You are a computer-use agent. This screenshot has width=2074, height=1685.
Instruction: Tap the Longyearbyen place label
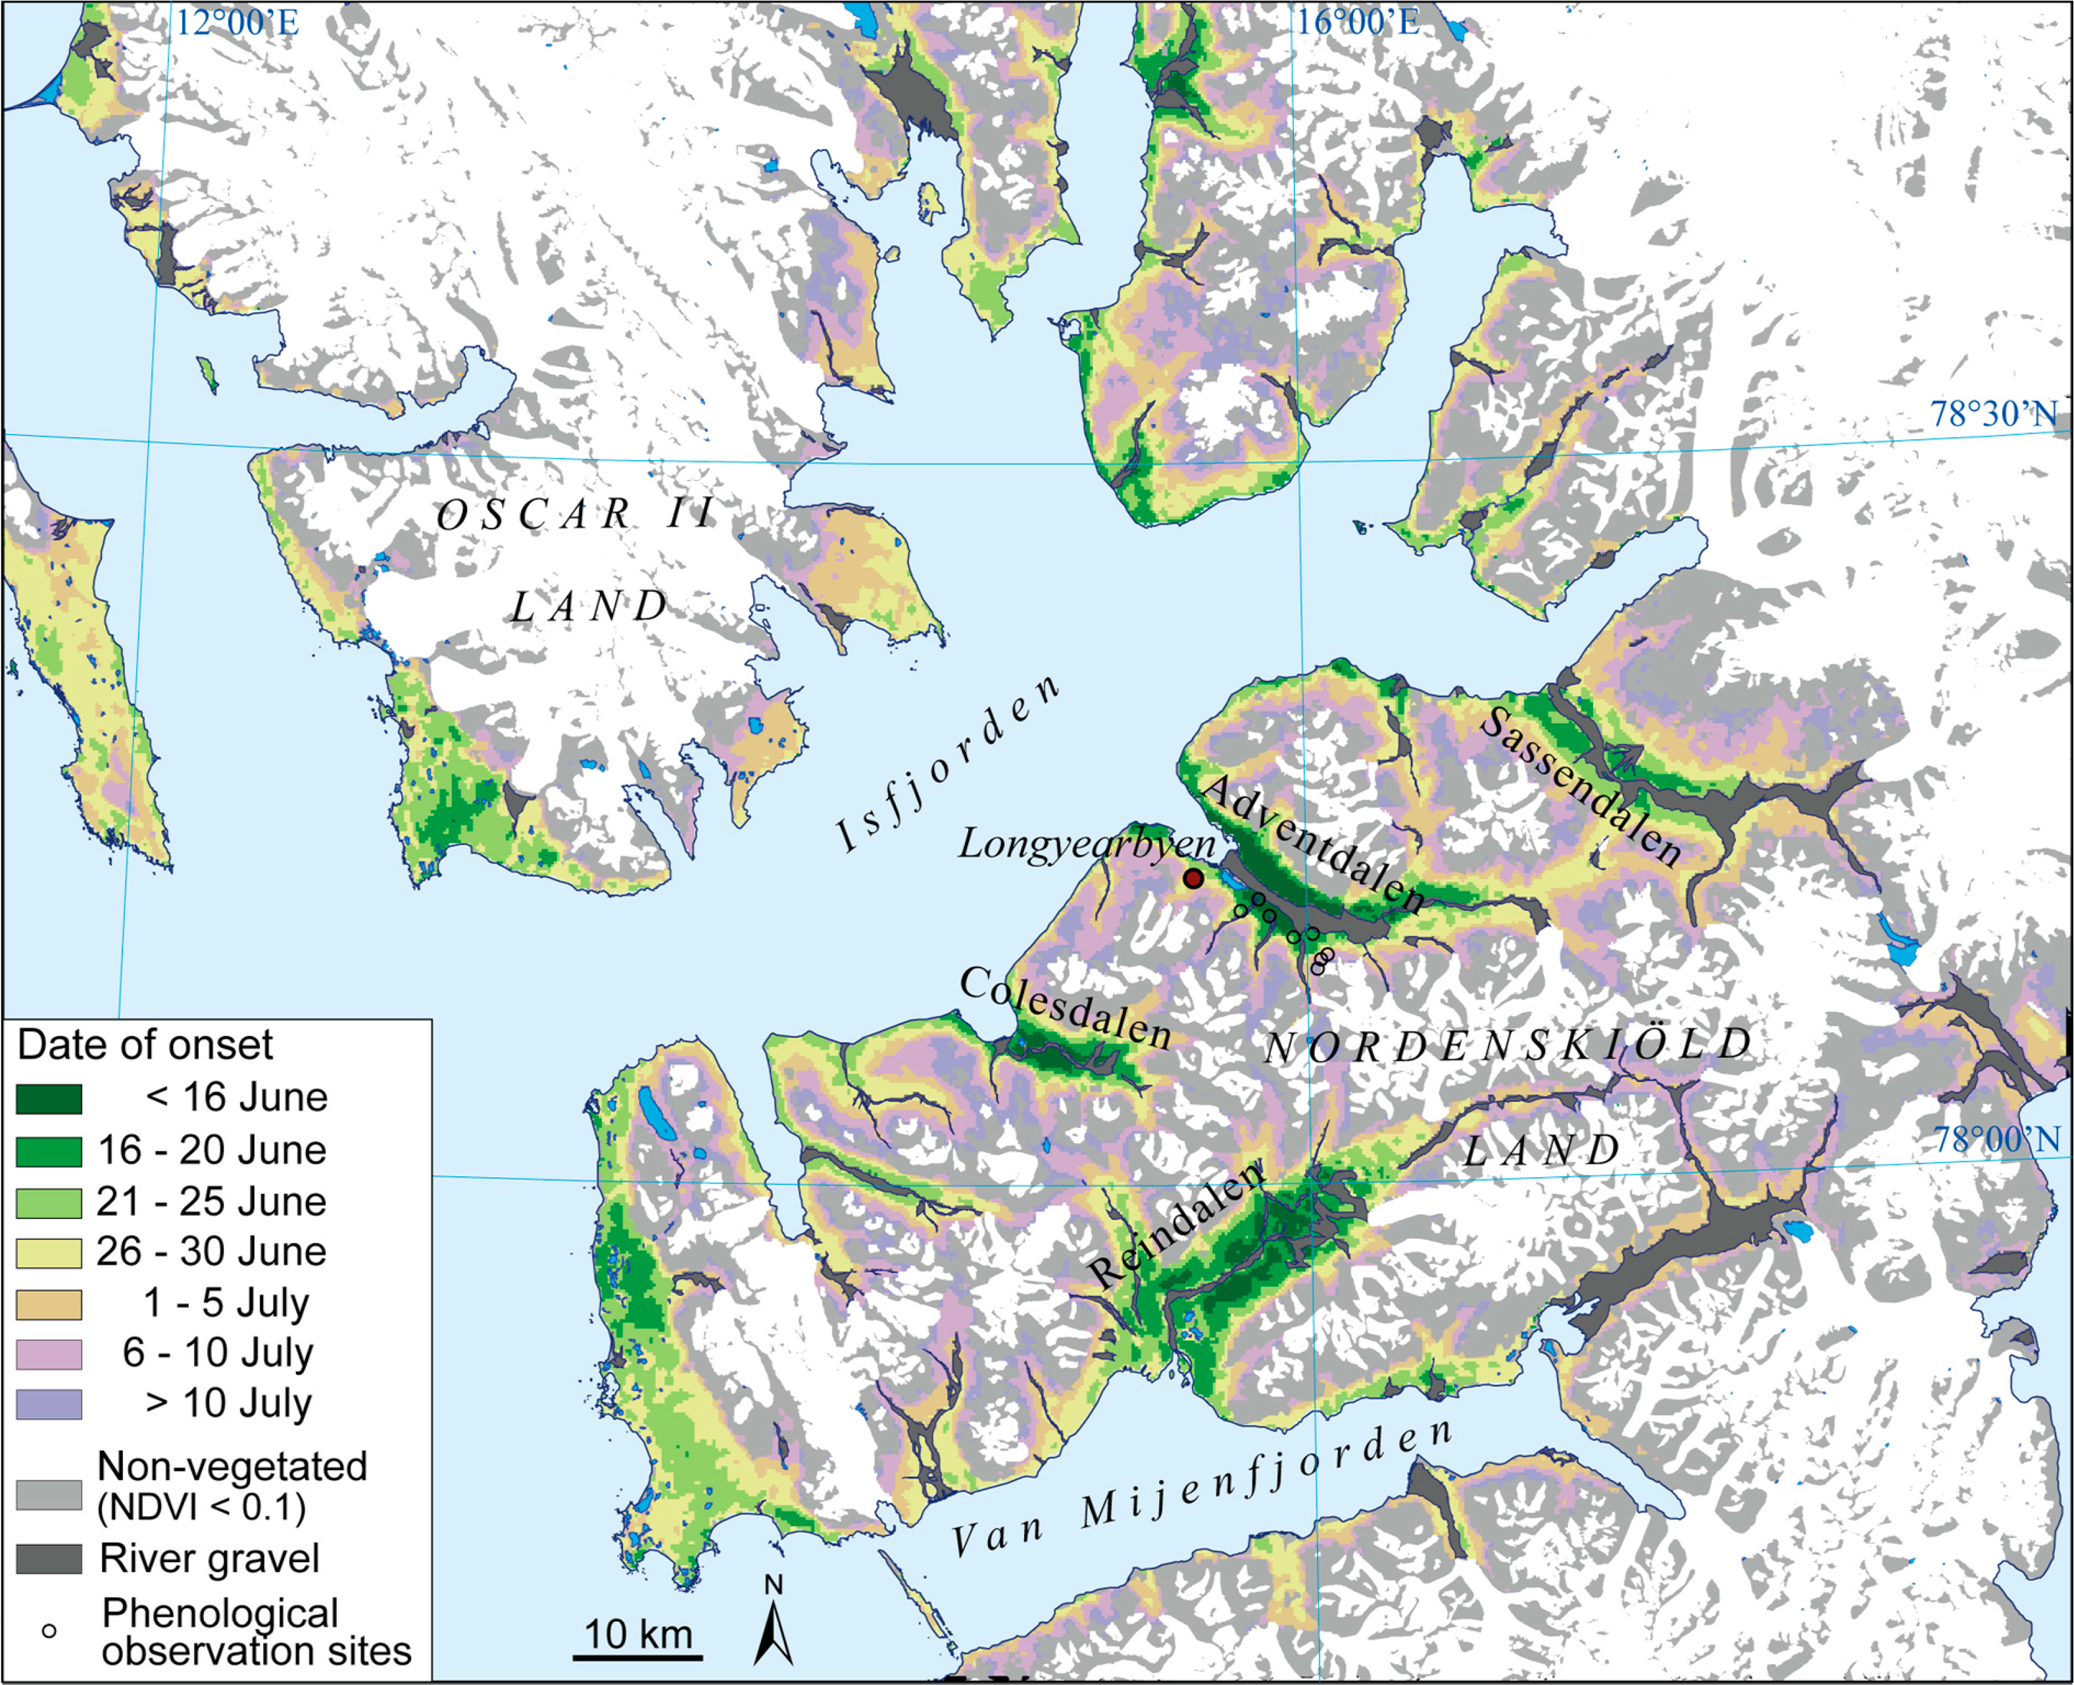click(x=1086, y=844)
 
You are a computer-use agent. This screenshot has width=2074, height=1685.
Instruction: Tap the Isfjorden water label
click(x=947, y=767)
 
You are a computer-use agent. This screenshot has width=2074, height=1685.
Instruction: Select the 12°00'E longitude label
click(x=237, y=23)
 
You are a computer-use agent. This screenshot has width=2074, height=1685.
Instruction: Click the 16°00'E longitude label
click(x=1358, y=21)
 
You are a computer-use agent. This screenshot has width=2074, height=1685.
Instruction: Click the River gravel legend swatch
click(x=49, y=1559)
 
